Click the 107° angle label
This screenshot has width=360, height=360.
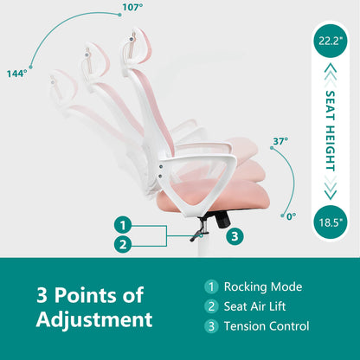click(132, 7)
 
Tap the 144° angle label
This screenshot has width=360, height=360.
click(17, 74)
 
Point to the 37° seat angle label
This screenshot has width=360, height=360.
click(280, 141)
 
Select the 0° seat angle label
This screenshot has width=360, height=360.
click(291, 216)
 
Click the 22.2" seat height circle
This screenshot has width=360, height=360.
click(331, 41)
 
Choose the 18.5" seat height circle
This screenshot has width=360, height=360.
click(331, 222)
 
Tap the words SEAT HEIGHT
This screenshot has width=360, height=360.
click(331, 131)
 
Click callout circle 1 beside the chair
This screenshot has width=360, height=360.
click(123, 225)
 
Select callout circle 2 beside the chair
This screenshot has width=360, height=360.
click(123, 245)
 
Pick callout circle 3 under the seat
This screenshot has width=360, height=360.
click(235, 236)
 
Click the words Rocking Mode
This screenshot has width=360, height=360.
click(263, 287)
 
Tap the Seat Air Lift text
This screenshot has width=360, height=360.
click(254, 306)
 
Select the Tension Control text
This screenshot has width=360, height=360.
click(267, 326)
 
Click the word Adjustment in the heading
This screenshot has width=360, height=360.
click(94, 319)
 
